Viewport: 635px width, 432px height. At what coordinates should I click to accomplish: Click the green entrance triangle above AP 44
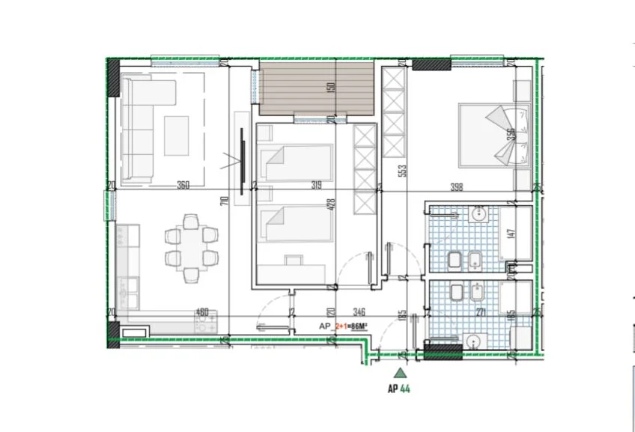coord(401,372)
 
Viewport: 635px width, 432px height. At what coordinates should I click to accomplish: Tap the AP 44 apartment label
coord(398,389)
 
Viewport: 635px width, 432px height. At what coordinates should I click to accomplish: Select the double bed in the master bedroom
coord(494,137)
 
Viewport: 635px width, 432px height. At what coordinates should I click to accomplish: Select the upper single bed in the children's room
coord(295,162)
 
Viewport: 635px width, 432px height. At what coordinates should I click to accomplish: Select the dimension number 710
coord(223,201)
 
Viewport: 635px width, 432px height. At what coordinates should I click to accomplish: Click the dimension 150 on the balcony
coord(330,87)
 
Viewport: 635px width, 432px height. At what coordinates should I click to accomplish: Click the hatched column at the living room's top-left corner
coord(113,78)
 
